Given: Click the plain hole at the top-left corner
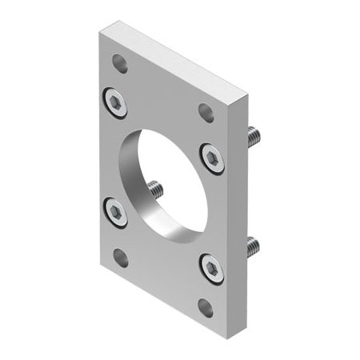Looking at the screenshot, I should pyautogui.click(x=120, y=63).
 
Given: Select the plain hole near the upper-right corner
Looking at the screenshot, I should pyautogui.click(x=206, y=113).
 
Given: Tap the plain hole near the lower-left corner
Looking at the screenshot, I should pyautogui.click(x=121, y=258).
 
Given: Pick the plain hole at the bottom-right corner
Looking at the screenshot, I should pyautogui.click(x=206, y=308).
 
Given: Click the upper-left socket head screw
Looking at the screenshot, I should pyautogui.click(x=116, y=101).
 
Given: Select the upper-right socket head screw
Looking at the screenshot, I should pyautogui.click(x=212, y=157).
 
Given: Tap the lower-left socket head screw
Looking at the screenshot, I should pyautogui.click(x=116, y=212).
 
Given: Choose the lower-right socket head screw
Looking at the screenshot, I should pyautogui.click(x=211, y=268).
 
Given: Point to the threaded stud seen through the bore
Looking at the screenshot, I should pyautogui.click(x=155, y=190).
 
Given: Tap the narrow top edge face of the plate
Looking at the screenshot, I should pyautogui.click(x=176, y=62).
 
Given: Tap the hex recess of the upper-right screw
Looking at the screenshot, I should pyautogui.click(x=212, y=157).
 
